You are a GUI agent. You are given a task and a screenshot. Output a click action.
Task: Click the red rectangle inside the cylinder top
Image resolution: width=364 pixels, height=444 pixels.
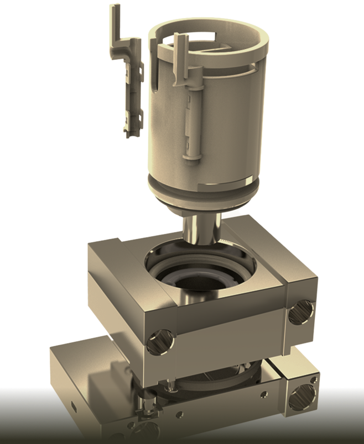[x=201, y=36]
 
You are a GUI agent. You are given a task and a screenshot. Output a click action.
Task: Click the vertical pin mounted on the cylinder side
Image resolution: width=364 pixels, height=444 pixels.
[x=192, y=121]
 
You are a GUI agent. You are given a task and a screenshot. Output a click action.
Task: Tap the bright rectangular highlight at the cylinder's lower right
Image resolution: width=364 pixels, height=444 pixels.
[x=249, y=171]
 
